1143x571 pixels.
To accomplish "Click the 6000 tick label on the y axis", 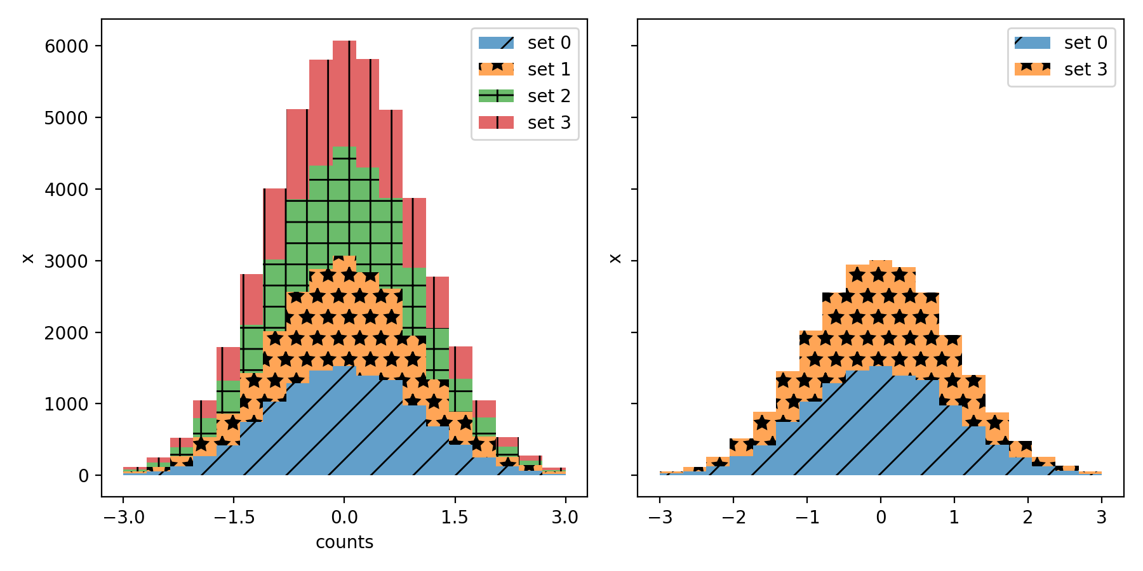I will click(66, 46).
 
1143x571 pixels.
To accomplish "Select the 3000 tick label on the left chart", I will click(66, 261).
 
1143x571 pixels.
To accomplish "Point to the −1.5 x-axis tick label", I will click(234, 518).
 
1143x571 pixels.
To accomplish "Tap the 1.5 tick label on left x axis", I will click(455, 518).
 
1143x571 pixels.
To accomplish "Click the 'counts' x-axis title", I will click(344, 542).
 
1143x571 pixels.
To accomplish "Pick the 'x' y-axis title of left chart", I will click(28, 258).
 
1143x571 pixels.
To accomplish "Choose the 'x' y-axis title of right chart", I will click(615, 258).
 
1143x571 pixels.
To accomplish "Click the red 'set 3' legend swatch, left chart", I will click(496, 122).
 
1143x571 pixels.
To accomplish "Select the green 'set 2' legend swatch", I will click(496, 96).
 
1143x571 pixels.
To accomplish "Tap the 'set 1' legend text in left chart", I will click(549, 69).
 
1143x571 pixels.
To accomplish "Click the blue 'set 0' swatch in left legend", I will click(496, 43).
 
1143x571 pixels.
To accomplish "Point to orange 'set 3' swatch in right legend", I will click(1033, 69).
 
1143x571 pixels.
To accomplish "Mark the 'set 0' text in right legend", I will click(1085, 43).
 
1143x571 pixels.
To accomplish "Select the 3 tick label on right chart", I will click(1101, 518).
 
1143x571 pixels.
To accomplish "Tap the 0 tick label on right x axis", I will click(881, 518).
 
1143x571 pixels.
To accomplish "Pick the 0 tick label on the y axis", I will click(83, 476).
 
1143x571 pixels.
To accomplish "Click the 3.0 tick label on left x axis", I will click(565, 518).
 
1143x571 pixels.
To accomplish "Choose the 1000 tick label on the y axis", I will click(66, 404).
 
